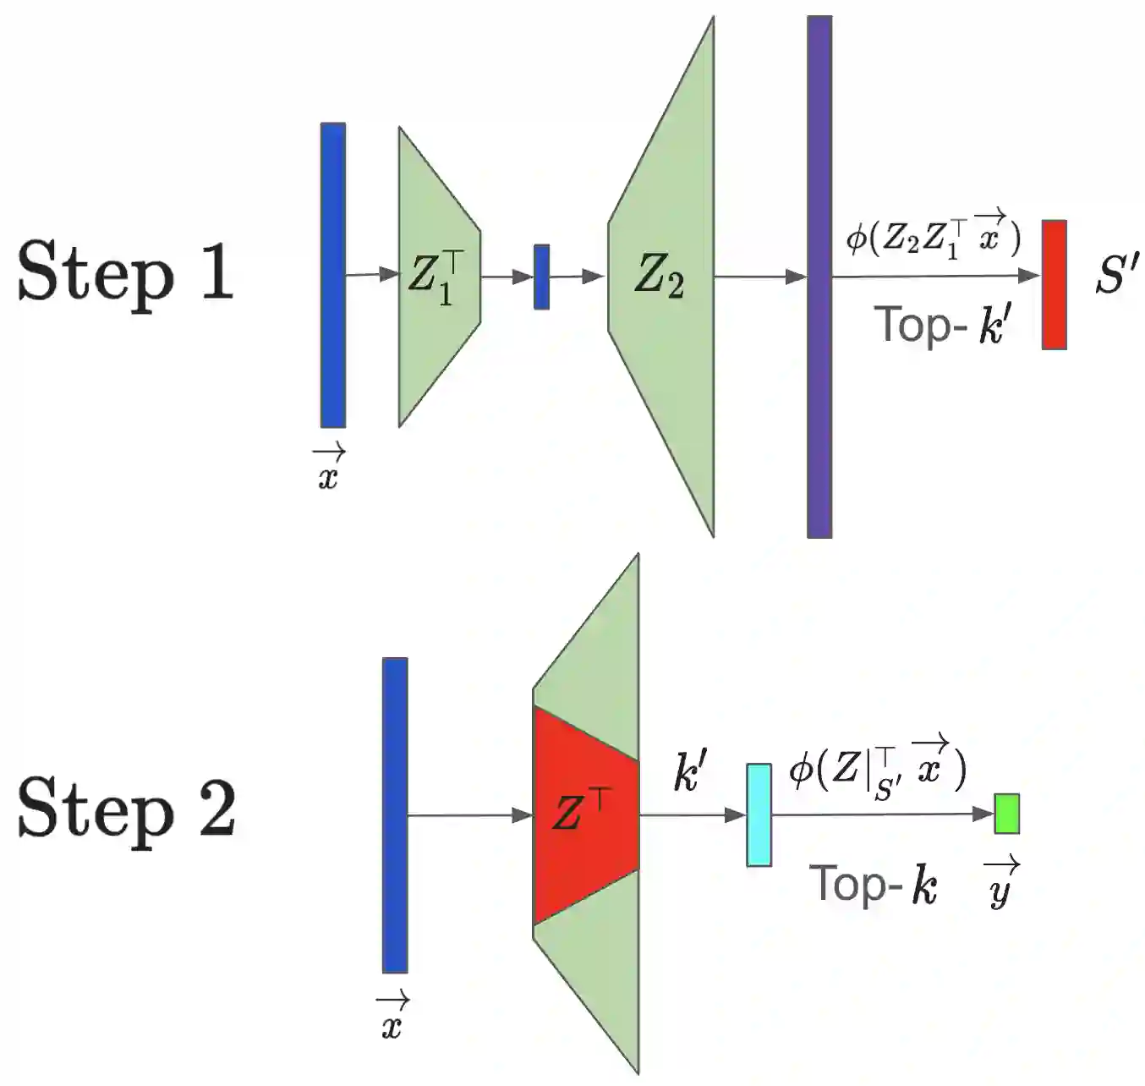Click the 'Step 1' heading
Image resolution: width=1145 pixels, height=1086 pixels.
pos(125,271)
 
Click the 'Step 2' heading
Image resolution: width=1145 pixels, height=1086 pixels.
pos(127,808)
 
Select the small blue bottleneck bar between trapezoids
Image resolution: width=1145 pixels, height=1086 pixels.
pos(541,277)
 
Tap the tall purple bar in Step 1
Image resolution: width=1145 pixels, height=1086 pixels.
pos(819,277)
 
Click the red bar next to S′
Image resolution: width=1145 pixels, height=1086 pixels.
pos(1054,284)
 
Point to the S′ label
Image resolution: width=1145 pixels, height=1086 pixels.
pos(1116,275)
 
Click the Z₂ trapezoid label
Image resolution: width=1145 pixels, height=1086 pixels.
pos(659,276)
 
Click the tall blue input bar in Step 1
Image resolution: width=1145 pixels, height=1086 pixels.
pos(332,275)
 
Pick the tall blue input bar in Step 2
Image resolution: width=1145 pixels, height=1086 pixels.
pos(395,814)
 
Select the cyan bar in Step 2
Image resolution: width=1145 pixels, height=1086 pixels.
pos(759,814)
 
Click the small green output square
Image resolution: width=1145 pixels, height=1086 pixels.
pos(1006,814)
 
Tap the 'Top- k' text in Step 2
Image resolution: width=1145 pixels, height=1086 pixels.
pos(874,885)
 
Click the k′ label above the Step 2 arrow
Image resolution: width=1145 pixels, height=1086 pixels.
pos(690,771)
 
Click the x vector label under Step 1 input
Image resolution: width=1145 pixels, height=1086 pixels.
pos(328,470)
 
